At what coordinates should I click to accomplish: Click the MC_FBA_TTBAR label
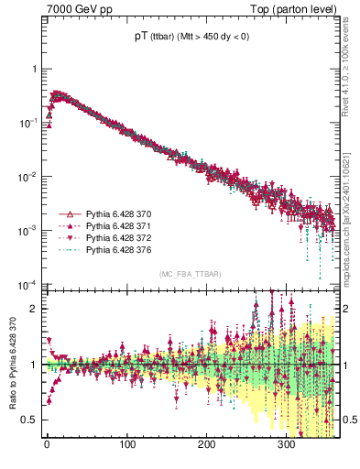189,275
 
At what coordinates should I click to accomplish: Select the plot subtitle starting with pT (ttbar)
190,38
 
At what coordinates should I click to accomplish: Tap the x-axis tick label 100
126,445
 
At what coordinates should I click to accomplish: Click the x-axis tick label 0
47,445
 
